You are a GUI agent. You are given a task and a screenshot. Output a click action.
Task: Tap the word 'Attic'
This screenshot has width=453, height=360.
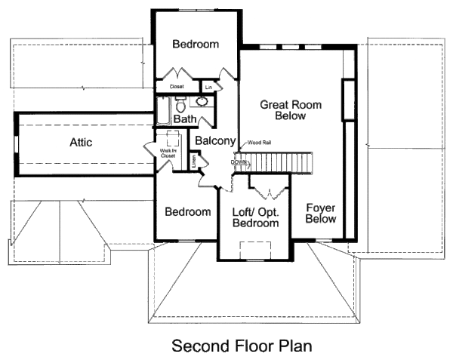pyautogui.click(x=81, y=142)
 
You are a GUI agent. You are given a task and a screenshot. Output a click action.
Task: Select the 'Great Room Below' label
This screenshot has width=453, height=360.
pyautogui.click(x=284, y=110)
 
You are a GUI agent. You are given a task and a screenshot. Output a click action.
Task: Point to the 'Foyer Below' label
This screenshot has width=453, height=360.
pyautogui.click(x=321, y=212)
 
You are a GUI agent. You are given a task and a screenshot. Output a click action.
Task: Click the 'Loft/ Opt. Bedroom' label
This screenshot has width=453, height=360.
pyautogui.click(x=254, y=217)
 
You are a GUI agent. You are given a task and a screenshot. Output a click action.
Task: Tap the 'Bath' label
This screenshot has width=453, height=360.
pyautogui.click(x=185, y=119)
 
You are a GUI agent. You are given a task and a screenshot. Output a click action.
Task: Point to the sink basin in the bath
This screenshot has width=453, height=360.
pyautogui.click(x=202, y=102)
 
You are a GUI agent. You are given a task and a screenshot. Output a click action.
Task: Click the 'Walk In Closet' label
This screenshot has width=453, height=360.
pyautogui.click(x=167, y=155)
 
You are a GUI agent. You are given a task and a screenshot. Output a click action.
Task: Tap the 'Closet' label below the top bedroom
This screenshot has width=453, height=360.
pyautogui.click(x=177, y=87)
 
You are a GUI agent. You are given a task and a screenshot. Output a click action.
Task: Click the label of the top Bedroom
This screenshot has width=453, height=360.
pyautogui.click(x=196, y=45)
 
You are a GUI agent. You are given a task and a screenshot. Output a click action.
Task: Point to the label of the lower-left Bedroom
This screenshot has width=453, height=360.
pyautogui.click(x=188, y=212)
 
